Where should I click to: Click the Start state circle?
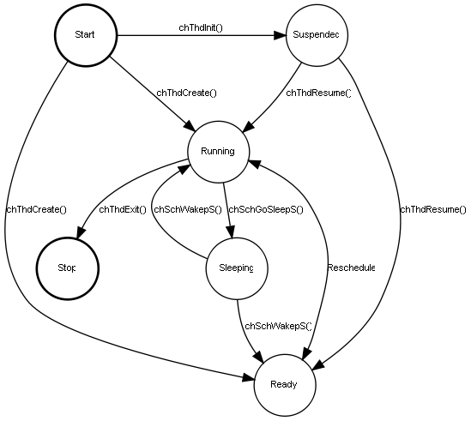point(85,35)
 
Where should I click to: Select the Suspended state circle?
point(316,35)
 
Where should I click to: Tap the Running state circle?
point(218,151)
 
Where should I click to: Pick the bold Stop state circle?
point(66,268)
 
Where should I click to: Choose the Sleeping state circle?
point(236,268)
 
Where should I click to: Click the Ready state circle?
point(284,383)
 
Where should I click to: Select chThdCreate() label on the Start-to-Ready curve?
point(36,209)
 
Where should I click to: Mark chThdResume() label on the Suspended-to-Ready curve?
point(432,209)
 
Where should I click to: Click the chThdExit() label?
point(122,209)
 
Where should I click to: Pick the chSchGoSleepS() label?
point(266,209)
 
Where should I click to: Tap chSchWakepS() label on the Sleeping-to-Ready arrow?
point(277,326)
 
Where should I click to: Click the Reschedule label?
point(351,268)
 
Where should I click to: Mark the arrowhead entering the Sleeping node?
point(229,232)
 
